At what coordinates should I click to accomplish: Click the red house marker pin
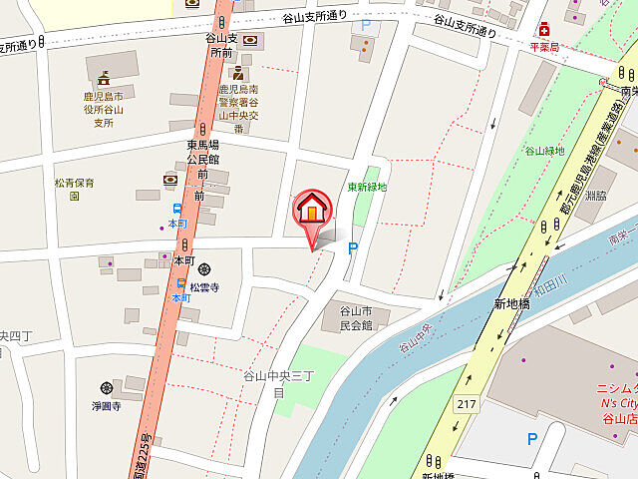click(312, 210)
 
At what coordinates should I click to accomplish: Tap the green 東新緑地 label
click(367, 187)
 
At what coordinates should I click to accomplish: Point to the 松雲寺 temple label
click(203, 287)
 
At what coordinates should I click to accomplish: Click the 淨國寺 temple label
click(107, 406)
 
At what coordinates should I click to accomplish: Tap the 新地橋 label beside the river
click(510, 303)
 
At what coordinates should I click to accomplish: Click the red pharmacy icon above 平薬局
click(543, 30)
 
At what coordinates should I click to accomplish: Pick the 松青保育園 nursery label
click(75, 190)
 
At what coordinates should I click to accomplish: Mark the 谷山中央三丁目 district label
click(279, 383)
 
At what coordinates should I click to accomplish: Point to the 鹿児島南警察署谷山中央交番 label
click(238, 109)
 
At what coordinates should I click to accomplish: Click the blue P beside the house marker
click(353, 248)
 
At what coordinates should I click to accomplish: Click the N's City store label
click(617, 403)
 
